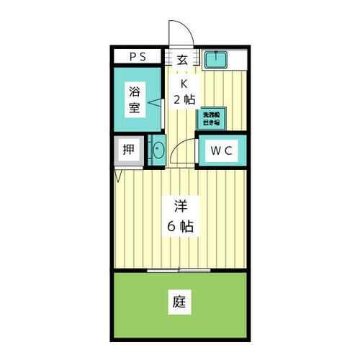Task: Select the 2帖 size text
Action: pyautogui.click(x=184, y=100)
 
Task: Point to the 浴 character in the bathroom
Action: pyautogui.click(x=134, y=92)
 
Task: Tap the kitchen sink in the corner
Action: pyautogui.click(x=215, y=59)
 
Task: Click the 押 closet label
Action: pyautogui.click(x=128, y=150)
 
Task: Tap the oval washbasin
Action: pyautogui.click(x=158, y=151)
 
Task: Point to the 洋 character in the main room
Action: pyautogui.click(x=180, y=204)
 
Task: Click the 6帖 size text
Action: pyautogui.click(x=180, y=225)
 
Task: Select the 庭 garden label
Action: pyautogui.click(x=180, y=302)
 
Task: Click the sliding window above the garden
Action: pyautogui.click(x=180, y=271)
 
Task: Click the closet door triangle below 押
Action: pyautogui.click(x=118, y=174)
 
